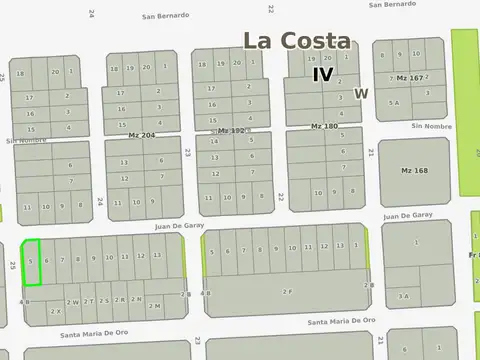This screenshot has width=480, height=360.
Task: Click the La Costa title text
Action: [297, 41]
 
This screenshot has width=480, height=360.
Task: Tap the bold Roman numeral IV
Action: [322, 74]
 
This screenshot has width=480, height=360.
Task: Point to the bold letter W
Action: [361, 94]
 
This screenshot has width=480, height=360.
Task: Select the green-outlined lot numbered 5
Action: [31, 261]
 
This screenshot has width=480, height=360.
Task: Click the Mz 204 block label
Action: [142, 134]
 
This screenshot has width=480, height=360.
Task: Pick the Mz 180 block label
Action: [324, 126]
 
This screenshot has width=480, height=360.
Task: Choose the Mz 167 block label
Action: [410, 78]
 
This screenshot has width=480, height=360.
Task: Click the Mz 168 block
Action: [414, 171]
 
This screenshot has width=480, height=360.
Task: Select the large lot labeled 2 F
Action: [287, 290]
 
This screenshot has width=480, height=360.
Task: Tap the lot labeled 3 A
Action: [404, 295]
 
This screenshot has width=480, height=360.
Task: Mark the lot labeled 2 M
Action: [154, 305]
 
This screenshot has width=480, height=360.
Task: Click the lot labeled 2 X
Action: [55, 310]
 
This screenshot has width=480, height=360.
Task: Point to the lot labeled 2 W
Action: [73, 301]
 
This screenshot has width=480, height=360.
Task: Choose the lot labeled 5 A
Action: [395, 102]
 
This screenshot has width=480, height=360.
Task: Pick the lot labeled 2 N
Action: [136, 299]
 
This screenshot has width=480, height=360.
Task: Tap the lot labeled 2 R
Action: [120, 299]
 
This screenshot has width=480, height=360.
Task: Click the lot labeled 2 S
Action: [104, 300]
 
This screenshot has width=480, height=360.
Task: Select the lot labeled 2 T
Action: [89, 300]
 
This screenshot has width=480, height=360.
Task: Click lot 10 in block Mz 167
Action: [416, 54]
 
